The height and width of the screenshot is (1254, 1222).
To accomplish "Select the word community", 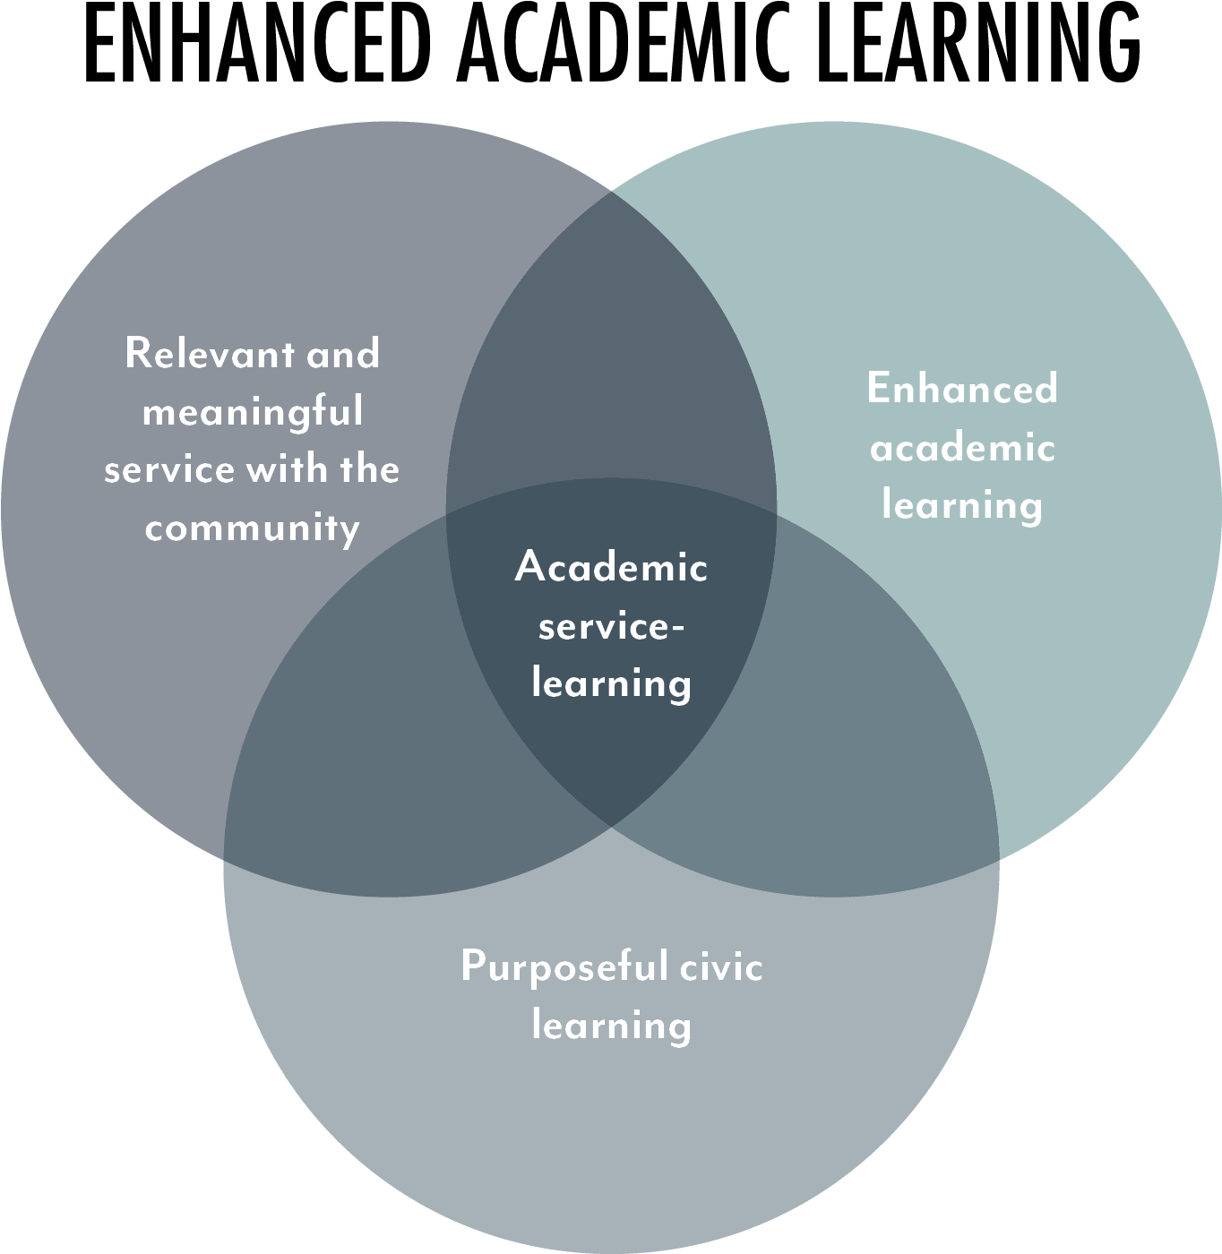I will pos(253,528).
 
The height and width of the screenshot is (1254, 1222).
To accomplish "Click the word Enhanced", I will pos(962,389).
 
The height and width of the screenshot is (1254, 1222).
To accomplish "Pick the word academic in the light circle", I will pos(962,447).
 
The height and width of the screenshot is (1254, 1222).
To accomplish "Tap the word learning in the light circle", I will pos(962,506).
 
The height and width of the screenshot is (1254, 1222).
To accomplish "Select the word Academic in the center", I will pos(611,567).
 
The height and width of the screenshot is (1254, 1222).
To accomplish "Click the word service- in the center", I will pos(611,626).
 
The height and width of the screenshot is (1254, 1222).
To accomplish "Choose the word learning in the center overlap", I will pos(611,684).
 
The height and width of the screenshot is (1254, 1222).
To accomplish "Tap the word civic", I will pos(720,967).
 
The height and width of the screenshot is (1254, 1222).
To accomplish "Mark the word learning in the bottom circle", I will pos(611,1026).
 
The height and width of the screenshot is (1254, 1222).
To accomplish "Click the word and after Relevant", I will pos(343,354).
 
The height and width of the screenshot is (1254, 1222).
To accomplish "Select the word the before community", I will pos(369,469).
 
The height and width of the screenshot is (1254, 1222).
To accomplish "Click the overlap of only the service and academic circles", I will pos(611,358).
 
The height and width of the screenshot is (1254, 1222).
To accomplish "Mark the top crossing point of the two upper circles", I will pos(612,191).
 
